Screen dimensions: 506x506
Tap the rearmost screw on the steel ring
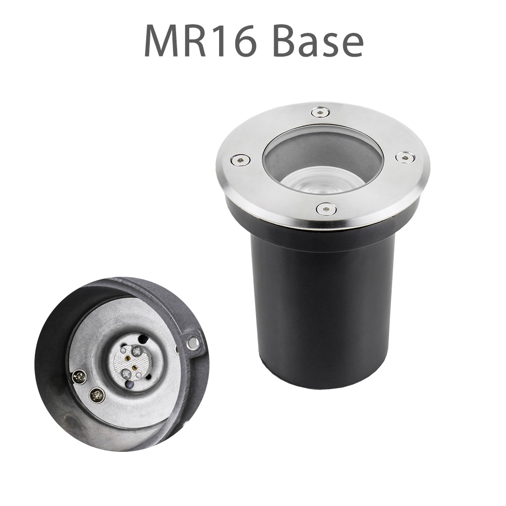pos(319,111)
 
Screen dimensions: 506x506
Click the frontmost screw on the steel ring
pos(326,208)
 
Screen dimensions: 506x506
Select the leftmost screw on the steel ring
pos(237,161)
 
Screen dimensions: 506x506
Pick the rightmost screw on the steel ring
pos(403,158)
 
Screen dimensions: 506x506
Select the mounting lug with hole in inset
pos(192,344)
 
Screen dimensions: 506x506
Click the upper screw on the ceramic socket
pos(136,351)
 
